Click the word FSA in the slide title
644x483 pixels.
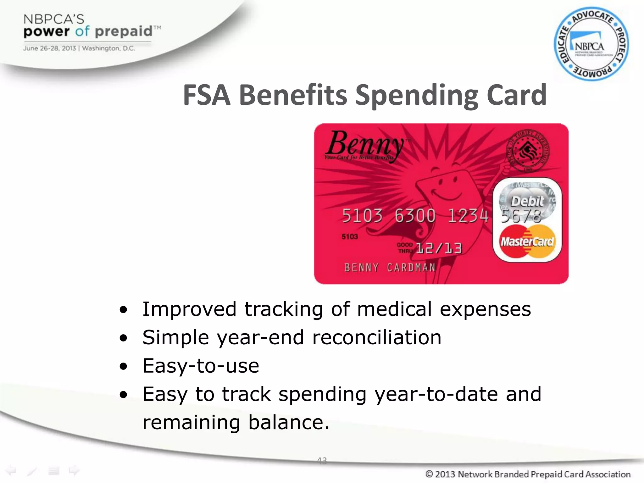pos(207,95)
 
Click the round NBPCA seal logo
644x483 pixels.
pos(591,44)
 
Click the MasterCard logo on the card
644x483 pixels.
pos(527,242)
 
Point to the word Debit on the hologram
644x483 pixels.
pos(527,201)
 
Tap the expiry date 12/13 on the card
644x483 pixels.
pos(439,248)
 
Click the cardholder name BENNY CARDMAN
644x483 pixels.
pos(390,268)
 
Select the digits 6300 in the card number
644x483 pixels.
pos(415,216)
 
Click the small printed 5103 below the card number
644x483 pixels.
pos(350,236)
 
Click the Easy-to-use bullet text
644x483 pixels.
pos(201,366)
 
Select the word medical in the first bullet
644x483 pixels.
pos(394,309)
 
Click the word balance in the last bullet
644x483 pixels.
pos(289,422)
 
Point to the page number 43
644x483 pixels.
pos(322,461)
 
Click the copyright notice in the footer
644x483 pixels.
pos(528,474)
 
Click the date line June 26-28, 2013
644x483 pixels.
pos(49,48)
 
